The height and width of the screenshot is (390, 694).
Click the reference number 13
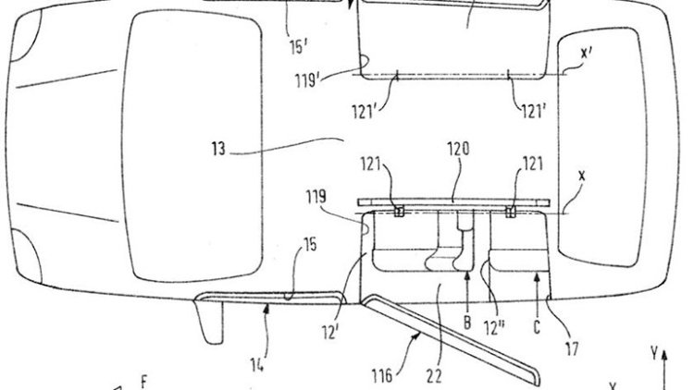tap(219, 149)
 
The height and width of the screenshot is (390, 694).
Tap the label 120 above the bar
tap(458, 149)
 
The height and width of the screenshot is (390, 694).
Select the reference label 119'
tap(307, 80)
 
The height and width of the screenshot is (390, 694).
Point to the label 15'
tap(299, 47)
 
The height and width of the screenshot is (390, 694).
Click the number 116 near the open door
tap(382, 376)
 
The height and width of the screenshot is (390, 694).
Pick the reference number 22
tap(434, 376)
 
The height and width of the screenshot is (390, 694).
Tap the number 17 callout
tap(572, 349)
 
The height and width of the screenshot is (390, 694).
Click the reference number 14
tap(257, 365)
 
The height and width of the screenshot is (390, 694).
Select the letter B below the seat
tap(467, 322)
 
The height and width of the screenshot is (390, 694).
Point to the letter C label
tap(537, 327)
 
